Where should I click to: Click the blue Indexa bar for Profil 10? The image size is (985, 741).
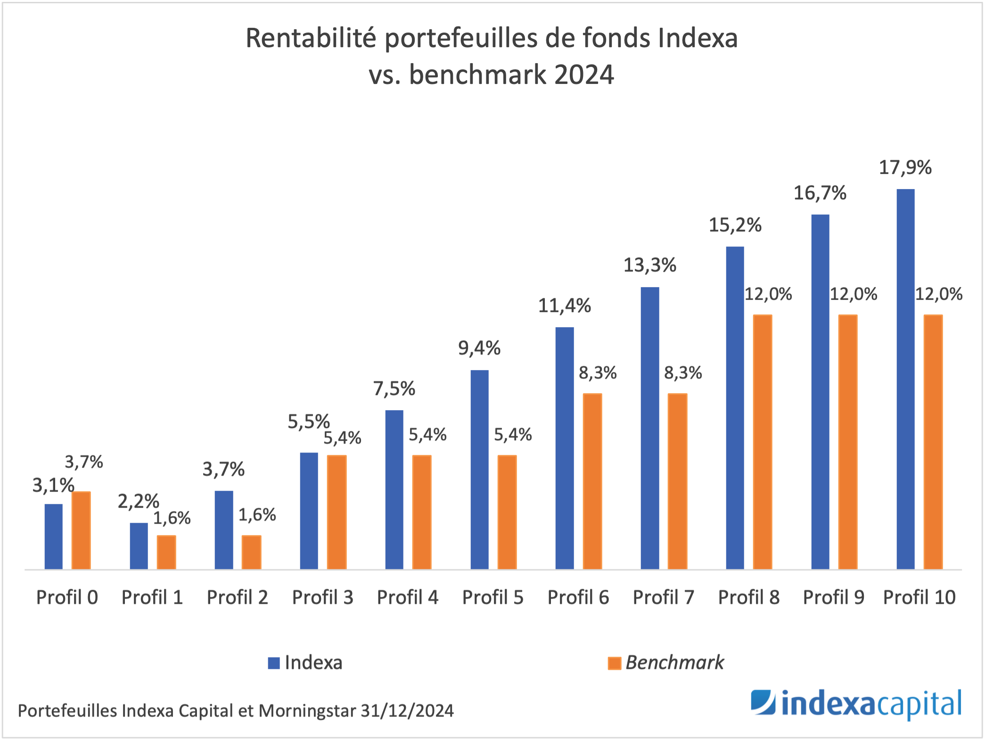click(x=905, y=379)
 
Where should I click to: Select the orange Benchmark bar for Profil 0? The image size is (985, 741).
click(x=81, y=530)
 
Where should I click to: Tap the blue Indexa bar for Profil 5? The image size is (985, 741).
click(x=479, y=469)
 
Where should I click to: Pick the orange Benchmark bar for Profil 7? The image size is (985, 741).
click(x=677, y=481)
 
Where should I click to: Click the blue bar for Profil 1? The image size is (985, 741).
click(x=139, y=546)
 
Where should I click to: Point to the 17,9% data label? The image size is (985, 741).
click(x=905, y=168)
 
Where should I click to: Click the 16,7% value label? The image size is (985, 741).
click(x=820, y=193)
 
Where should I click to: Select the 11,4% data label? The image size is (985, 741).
click(x=565, y=306)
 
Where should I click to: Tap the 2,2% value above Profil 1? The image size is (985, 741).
click(x=139, y=501)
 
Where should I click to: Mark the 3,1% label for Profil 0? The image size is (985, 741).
click(x=53, y=485)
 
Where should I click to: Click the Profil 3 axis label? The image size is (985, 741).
click(x=323, y=598)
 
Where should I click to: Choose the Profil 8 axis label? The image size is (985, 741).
click(x=749, y=598)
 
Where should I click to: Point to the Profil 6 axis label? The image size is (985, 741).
click(x=578, y=598)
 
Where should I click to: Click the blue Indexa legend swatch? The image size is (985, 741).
click(x=274, y=663)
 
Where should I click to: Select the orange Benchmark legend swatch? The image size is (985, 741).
click(x=615, y=663)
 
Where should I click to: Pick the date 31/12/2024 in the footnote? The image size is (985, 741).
click(x=407, y=711)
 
